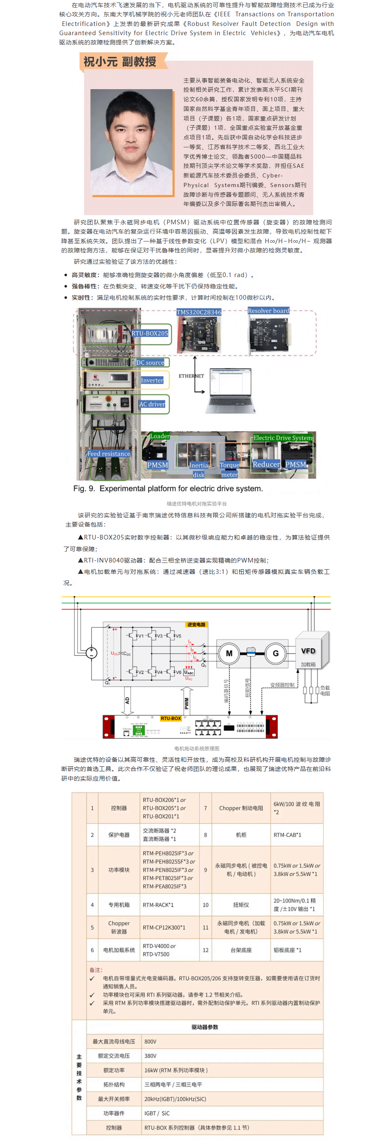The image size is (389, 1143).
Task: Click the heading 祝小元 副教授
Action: (120, 62)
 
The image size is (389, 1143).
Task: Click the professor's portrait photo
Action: (131, 142)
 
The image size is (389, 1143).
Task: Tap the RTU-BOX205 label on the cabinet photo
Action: (149, 333)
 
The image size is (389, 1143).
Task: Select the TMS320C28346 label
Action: (198, 312)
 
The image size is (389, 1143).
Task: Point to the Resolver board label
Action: (268, 311)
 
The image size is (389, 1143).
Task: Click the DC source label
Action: (150, 362)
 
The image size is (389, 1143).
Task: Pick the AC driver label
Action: (152, 404)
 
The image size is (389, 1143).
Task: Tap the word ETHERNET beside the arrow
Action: (191, 376)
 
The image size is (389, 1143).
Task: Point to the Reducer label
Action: (266, 464)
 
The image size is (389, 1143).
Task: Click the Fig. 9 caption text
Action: (168, 488)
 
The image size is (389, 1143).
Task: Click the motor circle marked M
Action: (229, 653)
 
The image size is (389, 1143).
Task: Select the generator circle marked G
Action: (276, 653)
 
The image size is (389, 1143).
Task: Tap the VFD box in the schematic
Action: (308, 651)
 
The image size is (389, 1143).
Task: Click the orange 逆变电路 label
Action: (196, 624)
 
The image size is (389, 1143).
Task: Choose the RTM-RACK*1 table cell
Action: (158, 905)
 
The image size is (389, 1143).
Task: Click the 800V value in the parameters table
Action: (151, 1041)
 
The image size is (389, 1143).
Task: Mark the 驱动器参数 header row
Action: (204, 1027)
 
